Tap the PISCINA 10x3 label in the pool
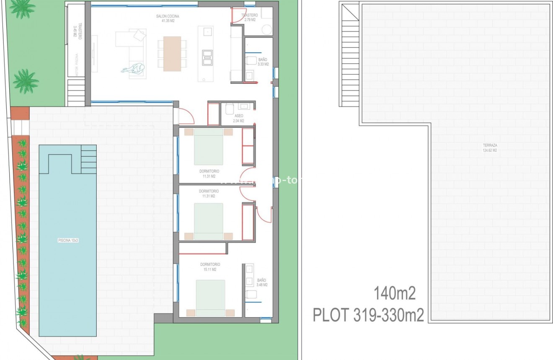coord(67,241)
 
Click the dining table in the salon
coord(172,54)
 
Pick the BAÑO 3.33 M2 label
coord(263,62)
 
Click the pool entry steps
coord(89,159)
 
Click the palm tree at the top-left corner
coord(21,8)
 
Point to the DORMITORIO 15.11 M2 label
coord(210,267)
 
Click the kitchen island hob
coord(207,57)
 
